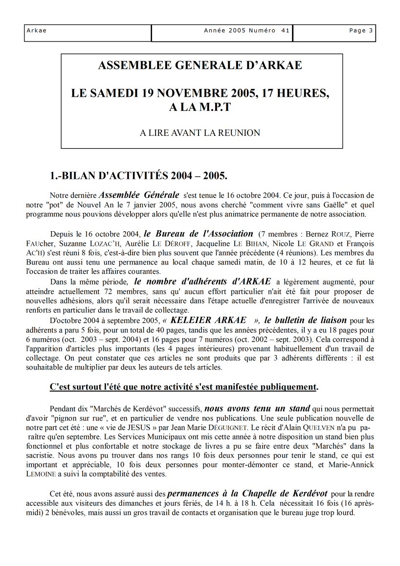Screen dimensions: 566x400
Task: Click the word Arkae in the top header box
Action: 37,31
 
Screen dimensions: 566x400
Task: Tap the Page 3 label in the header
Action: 361,31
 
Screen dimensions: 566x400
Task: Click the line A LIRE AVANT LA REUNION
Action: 200,132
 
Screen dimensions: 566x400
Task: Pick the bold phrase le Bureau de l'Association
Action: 198,234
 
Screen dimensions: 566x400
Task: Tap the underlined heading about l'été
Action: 184,387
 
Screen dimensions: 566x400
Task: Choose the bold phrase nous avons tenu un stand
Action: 257,408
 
